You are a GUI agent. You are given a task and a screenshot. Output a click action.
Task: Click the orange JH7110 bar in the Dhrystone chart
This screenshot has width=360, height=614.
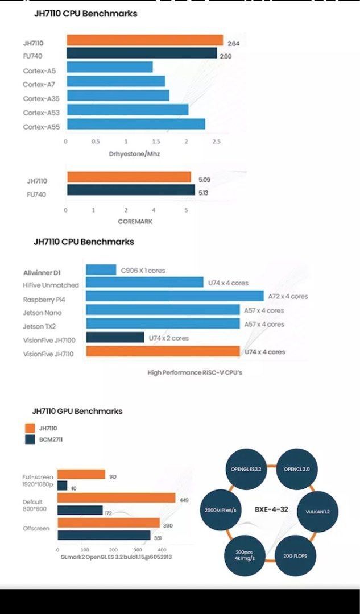(x=144, y=40)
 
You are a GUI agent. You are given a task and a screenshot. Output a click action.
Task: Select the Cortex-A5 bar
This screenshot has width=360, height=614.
(x=109, y=67)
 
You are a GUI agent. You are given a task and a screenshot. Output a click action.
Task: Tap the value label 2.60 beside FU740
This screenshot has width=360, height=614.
(x=226, y=56)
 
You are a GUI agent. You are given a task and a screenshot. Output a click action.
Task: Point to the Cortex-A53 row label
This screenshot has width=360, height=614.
(x=41, y=113)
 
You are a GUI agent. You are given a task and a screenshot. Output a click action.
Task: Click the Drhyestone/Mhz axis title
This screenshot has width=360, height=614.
(x=134, y=154)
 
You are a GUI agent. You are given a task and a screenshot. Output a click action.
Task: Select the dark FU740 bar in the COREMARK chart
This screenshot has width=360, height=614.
(x=131, y=190)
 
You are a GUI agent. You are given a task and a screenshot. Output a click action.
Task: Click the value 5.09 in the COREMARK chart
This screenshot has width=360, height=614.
(x=204, y=180)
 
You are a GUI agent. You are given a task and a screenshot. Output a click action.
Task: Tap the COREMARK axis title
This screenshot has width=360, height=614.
(x=135, y=222)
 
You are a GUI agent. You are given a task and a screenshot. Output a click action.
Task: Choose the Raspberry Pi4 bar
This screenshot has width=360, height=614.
(x=175, y=296)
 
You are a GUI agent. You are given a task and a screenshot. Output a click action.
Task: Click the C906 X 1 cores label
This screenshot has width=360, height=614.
(x=142, y=271)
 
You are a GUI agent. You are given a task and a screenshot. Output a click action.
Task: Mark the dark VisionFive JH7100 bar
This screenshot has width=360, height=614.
(x=115, y=338)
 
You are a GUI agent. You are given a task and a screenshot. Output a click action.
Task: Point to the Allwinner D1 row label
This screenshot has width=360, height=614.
(x=42, y=273)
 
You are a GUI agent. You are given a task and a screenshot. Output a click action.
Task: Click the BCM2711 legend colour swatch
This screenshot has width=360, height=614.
(x=30, y=439)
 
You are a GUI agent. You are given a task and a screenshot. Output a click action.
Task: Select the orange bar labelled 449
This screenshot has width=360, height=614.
(x=116, y=498)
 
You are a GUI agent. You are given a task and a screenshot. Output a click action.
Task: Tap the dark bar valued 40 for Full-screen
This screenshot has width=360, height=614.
(x=63, y=486)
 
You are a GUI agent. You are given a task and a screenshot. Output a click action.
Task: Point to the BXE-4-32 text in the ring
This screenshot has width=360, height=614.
(x=271, y=509)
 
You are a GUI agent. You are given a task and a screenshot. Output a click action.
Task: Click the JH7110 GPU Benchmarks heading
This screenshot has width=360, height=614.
(x=77, y=411)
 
